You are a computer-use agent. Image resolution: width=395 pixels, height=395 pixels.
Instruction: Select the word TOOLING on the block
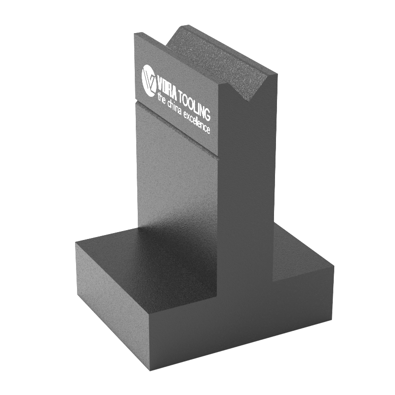click(194, 105)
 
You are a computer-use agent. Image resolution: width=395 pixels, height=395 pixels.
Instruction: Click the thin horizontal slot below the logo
click(176, 131)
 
